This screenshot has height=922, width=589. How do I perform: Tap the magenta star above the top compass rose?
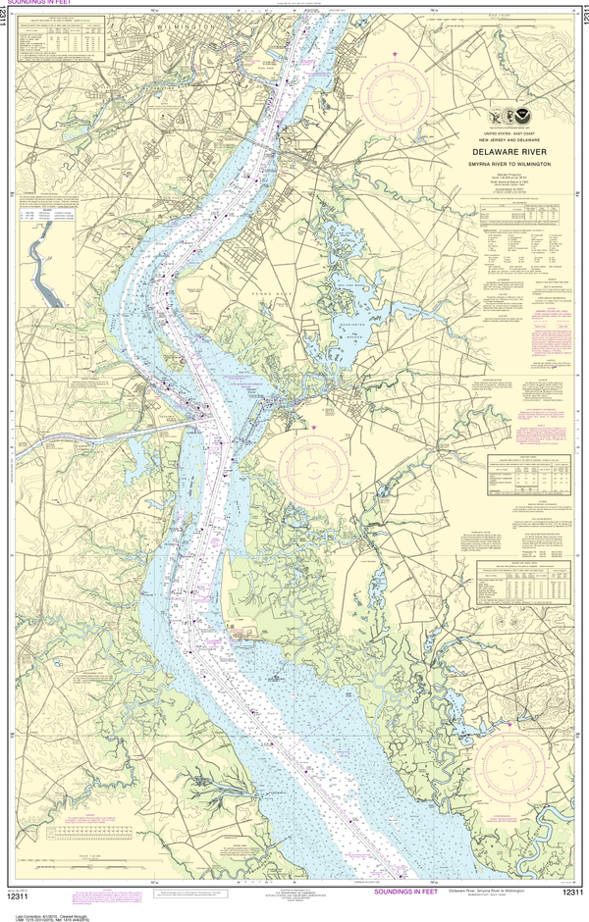click(x=396, y=51)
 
